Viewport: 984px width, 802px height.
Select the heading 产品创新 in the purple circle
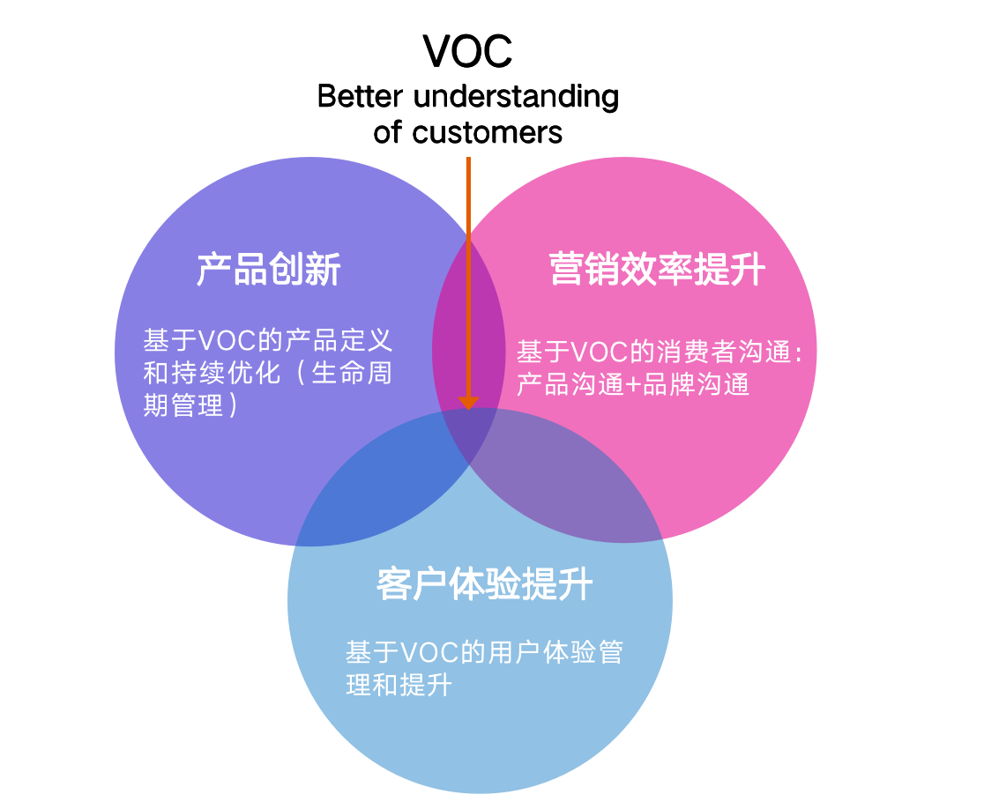pos(268,270)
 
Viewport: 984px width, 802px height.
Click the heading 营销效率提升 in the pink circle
pos(657,270)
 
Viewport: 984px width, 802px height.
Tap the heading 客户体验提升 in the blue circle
pos(484,583)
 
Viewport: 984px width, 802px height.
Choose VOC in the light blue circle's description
pos(429,653)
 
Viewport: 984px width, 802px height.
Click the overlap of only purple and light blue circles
pos(388,485)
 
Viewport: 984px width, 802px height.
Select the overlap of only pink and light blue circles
pos(573,485)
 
